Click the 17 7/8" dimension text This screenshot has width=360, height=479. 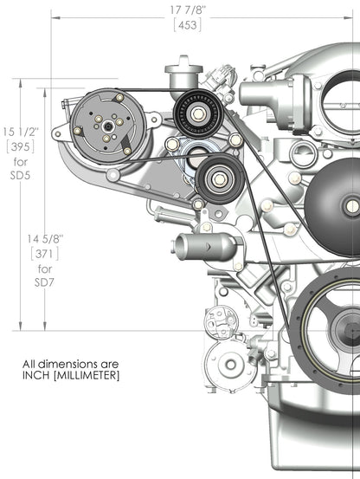click(186, 10)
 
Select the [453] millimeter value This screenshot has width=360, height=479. click(187, 24)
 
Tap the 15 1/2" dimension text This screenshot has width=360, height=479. click(20, 131)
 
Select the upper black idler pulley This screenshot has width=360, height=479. click(196, 112)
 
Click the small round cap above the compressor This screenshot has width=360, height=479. click(183, 64)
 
